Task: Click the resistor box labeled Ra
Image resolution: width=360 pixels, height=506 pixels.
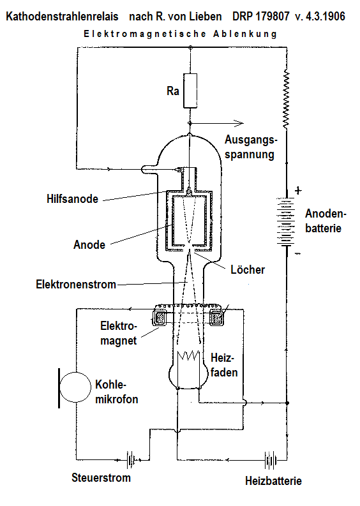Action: [x=190, y=91]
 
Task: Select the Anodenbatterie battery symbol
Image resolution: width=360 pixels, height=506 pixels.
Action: [x=286, y=221]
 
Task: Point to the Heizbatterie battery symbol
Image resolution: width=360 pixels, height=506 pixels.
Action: [x=271, y=460]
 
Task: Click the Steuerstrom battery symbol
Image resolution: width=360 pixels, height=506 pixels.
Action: [x=131, y=460]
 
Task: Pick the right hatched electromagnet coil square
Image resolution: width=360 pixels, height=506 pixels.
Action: [x=216, y=318]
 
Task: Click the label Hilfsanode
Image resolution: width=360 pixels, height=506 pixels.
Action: [x=72, y=199]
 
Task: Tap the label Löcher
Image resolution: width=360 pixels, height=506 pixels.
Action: [x=248, y=269]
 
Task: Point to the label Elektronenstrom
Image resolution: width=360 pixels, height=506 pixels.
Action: [x=76, y=285]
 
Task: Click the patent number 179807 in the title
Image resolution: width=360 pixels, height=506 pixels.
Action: [x=273, y=16]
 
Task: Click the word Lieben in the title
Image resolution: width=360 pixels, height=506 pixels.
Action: [x=206, y=16]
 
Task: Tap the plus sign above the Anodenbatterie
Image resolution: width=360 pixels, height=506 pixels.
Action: [x=298, y=190]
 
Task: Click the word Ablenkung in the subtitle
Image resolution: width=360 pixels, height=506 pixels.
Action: [x=245, y=34]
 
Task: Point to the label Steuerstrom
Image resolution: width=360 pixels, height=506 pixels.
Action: [x=101, y=477]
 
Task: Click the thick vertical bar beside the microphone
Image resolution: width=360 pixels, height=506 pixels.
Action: [x=59, y=388]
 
